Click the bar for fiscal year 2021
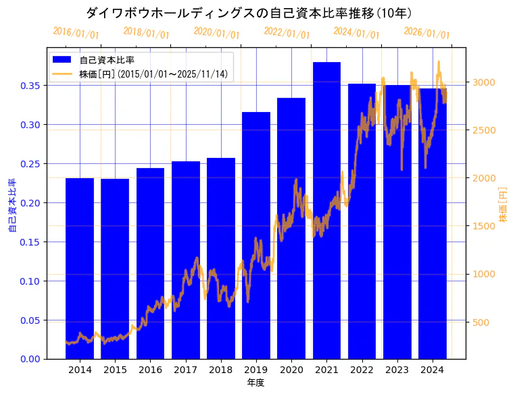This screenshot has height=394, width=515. [326, 210]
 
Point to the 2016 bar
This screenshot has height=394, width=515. [150, 263]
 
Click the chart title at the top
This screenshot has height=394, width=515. [249, 13]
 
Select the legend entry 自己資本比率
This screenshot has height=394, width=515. [107, 60]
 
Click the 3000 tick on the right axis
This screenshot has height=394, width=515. [485, 82]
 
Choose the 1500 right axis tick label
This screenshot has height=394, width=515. [485, 226]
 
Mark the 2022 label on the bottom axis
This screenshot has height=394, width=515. [362, 370]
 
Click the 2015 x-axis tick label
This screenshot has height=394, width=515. [115, 370]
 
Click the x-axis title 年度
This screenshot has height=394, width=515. [255, 383]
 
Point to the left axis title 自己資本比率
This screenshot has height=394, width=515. [11, 206]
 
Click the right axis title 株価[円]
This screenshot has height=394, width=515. [503, 206]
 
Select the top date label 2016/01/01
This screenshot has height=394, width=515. [76, 32]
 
